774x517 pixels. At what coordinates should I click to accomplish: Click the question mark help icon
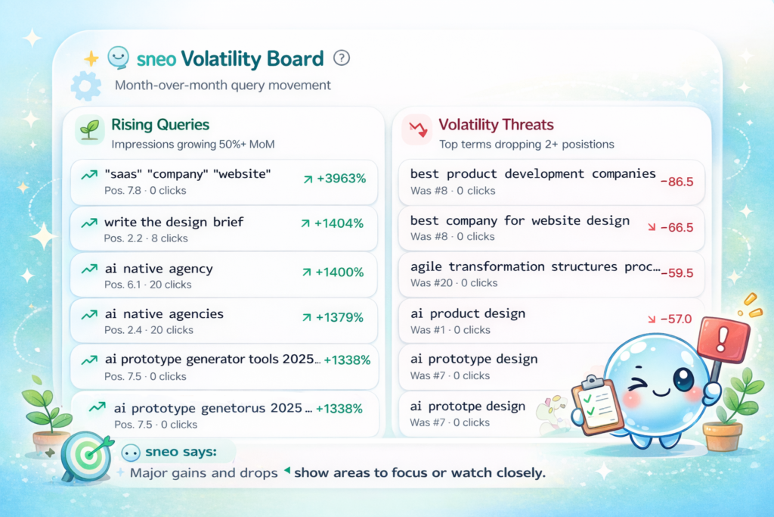pyautogui.click(x=342, y=58)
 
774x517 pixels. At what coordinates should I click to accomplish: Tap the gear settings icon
pyautogui.click(x=86, y=86)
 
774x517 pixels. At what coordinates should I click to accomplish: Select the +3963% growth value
pyautogui.click(x=341, y=179)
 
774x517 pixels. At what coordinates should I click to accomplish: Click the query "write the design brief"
pyautogui.click(x=174, y=222)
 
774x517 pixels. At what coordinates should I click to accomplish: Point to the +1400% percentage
pyautogui.click(x=339, y=272)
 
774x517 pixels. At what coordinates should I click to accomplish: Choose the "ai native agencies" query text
pyautogui.click(x=164, y=314)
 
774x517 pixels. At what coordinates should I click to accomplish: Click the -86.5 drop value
pyautogui.click(x=676, y=182)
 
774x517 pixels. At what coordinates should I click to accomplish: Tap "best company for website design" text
pyautogui.click(x=520, y=220)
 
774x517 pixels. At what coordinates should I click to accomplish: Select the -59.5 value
pyautogui.click(x=677, y=273)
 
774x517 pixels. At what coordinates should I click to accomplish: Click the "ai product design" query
pyautogui.click(x=467, y=313)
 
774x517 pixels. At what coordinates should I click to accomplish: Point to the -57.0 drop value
pyautogui.click(x=676, y=319)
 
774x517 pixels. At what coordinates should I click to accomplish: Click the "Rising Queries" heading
pyautogui.click(x=160, y=125)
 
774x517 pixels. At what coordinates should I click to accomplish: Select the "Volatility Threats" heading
pyautogui.click(x=496, y=125)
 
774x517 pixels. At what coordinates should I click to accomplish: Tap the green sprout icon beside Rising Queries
pyautogui.click(x=89, y=130)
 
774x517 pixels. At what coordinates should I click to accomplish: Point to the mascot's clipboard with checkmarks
pyautogui.click(x=597, y=405)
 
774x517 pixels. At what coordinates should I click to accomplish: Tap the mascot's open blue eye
pyautogui.click(x=683, y=379)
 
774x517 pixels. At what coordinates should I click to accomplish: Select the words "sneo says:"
pyautogui.click(x=181, y=452)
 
